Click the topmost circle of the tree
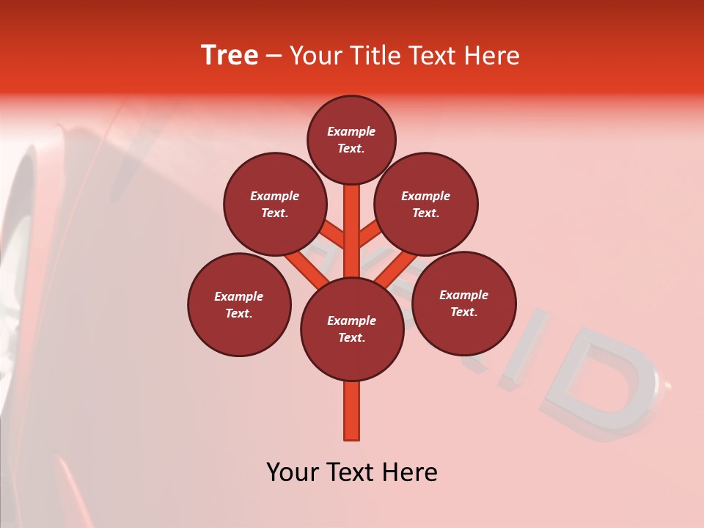[x=351, y=140]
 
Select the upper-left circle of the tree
[x=275, y=205]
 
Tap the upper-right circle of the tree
[x=426, y=205]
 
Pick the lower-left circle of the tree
[x=239, y=305]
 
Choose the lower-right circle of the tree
[x=464, y=304]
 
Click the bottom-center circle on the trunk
[x=352, y=329]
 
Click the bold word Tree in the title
[x=230, y=55]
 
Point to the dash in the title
[x=274, y=56]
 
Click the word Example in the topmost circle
[x=351, y=132]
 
